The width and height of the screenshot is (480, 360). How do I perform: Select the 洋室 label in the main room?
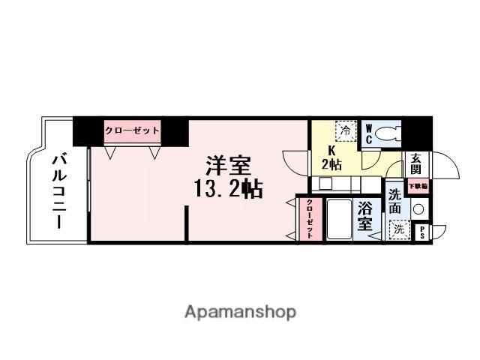point(229,165)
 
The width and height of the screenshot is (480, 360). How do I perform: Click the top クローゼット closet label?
point(132,130)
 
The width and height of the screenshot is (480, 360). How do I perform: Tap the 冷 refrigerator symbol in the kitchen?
point(345,130)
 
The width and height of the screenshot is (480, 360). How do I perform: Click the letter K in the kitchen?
point(331,150)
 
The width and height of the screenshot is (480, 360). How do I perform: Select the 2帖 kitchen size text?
point(332,165)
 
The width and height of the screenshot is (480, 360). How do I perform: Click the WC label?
point(369,133)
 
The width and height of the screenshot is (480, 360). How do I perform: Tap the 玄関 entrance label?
point(415,163)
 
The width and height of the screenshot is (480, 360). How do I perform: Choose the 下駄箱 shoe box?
point(417,185)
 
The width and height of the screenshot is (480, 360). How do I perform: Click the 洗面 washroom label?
point(395,202)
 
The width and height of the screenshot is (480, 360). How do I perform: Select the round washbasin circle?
point(419,209)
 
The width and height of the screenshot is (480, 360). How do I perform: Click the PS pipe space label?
point(421,232)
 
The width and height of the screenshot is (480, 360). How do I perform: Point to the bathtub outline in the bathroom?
point(341,219)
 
